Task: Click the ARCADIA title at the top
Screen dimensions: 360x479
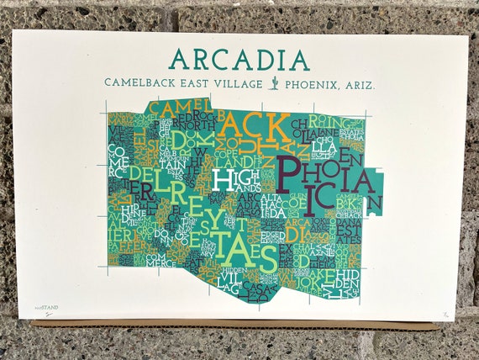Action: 239,59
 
